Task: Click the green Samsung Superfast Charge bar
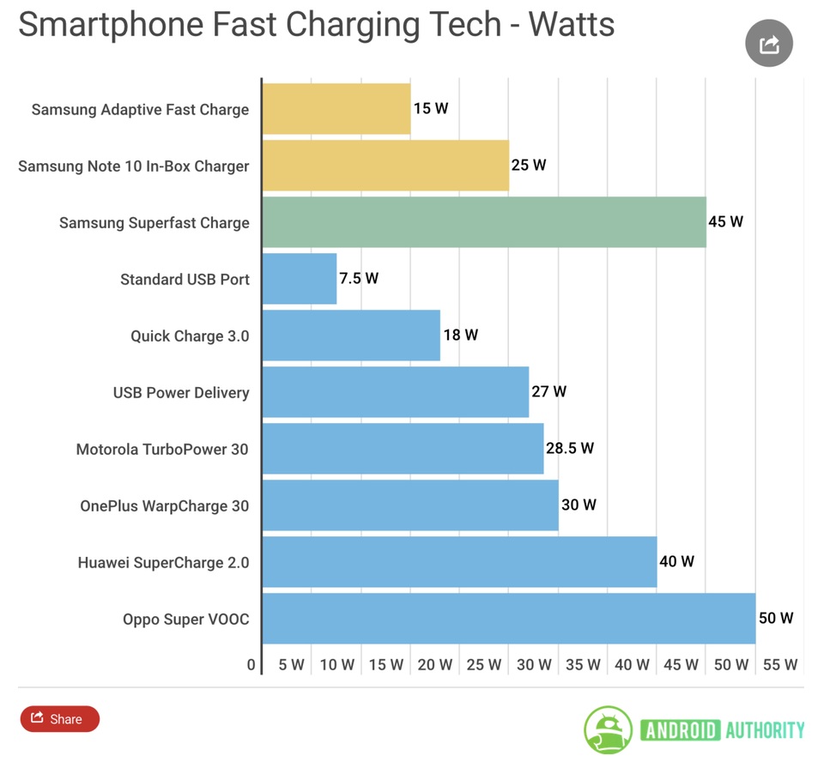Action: click(483, 222)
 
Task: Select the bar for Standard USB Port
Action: click(299, 279)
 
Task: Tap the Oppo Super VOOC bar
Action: click(508, 619)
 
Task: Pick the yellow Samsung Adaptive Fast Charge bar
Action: click(336, 109)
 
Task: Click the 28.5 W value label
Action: click(569, 448)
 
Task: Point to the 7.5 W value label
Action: click(359, 279)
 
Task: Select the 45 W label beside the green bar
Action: click(725, 222)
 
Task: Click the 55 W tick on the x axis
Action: click(779, 664)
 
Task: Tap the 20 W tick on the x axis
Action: click(435, 664)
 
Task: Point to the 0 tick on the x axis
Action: click(251, 664)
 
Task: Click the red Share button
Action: click(60, 719)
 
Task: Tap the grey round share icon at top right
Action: click(768, 44)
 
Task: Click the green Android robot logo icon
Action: click(609, 730)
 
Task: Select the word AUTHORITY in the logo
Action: click(765, 730)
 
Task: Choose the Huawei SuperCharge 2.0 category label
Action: click(163, 563)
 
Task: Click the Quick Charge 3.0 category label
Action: click(190, 336)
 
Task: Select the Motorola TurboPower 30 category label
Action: click(162, 450)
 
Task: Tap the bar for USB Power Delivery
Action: click(395, 392)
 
